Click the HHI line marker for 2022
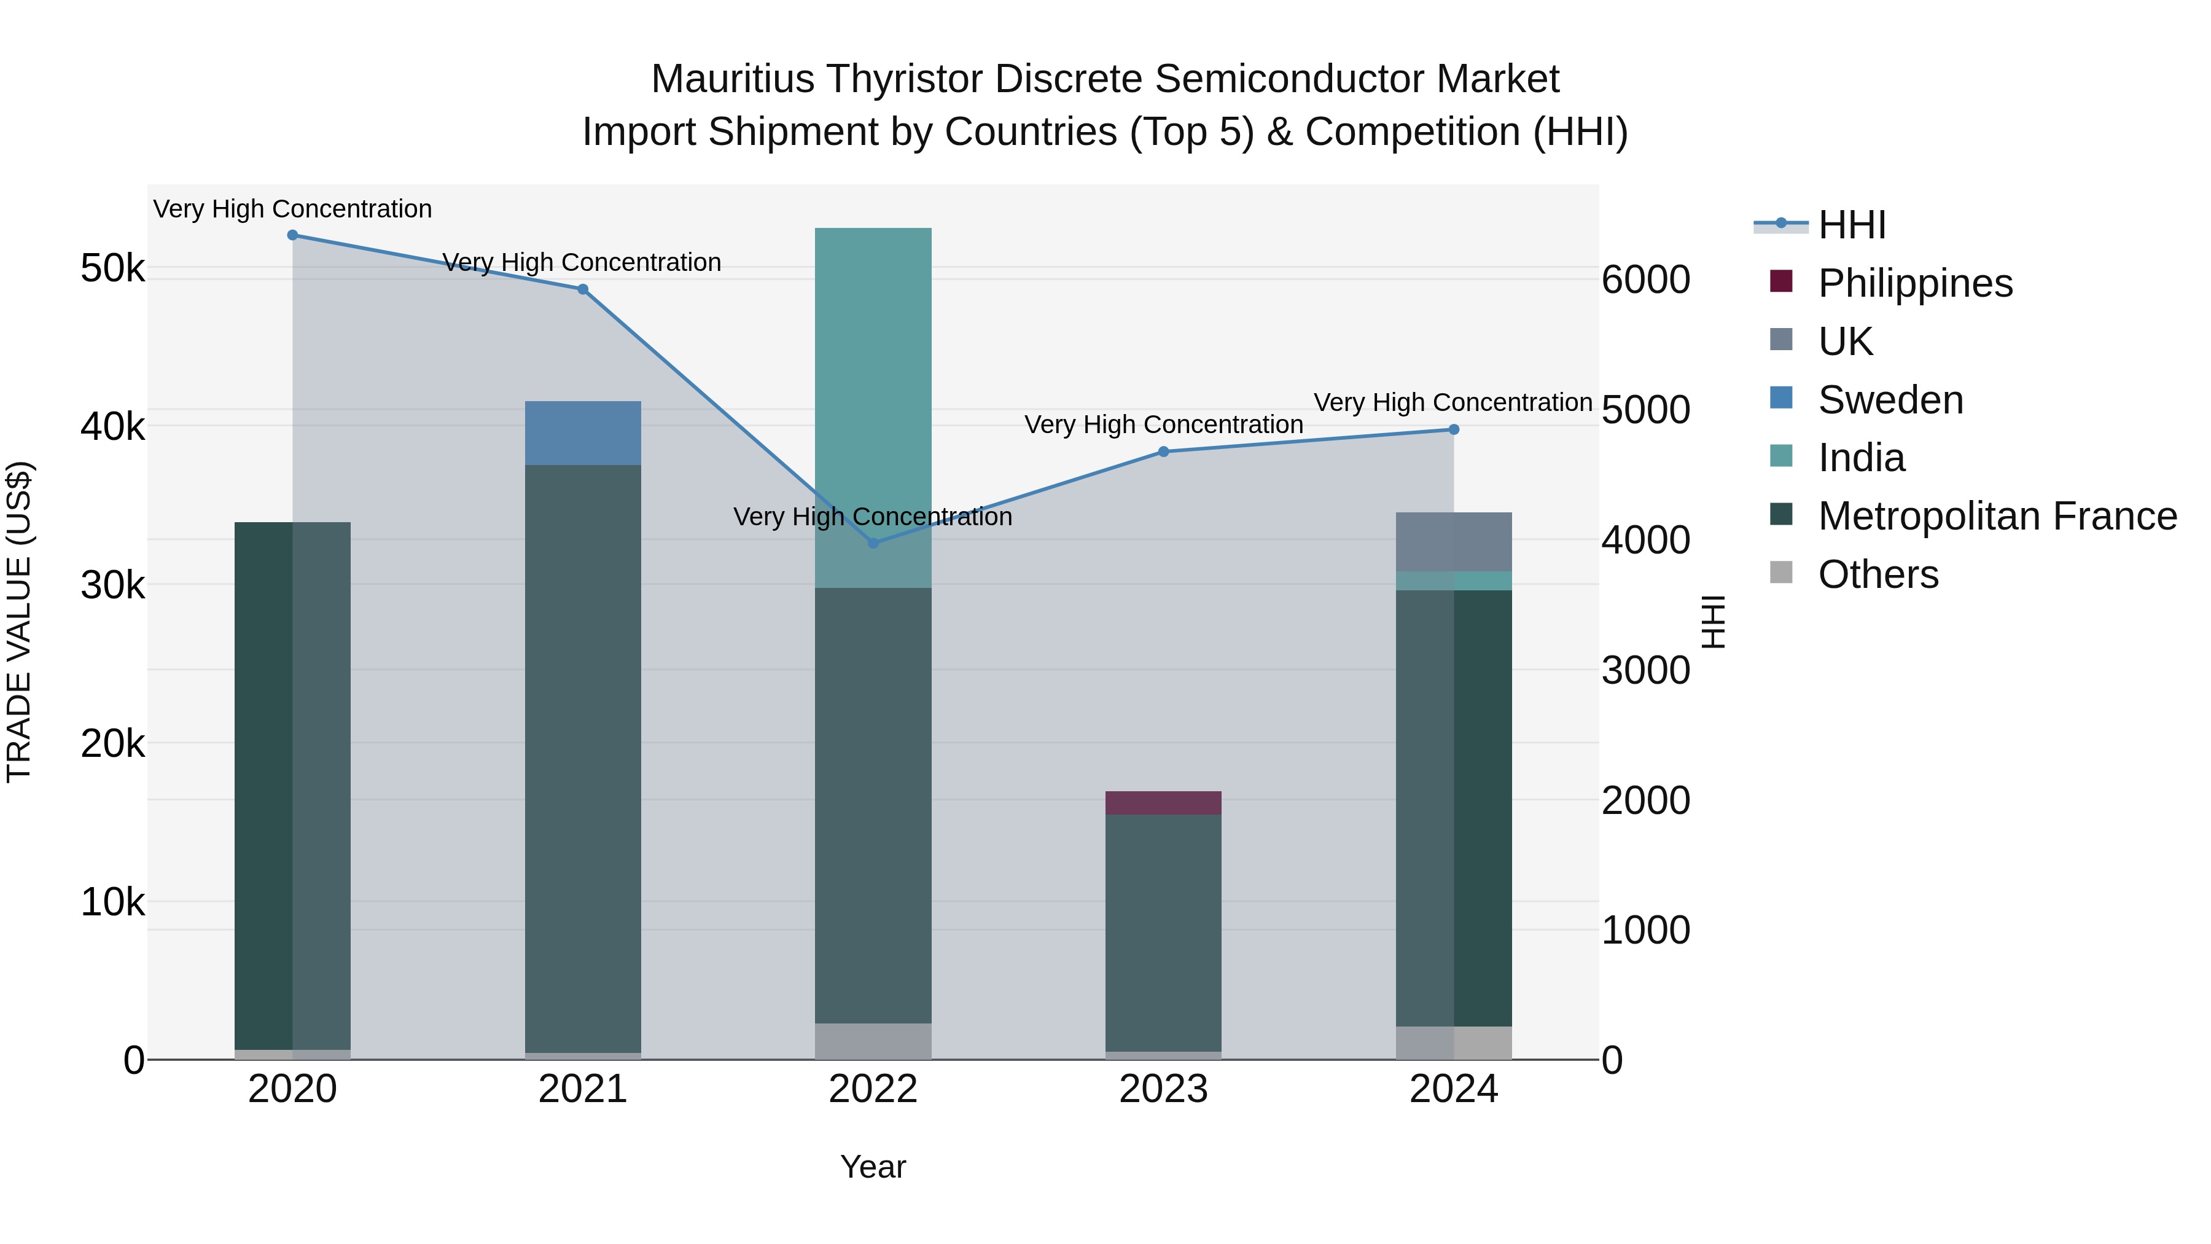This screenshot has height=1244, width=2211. click(873, 542)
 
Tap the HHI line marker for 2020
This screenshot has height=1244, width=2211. click(293, 235)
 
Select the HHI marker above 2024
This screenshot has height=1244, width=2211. click(1453, 429)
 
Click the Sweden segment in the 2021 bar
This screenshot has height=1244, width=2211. click(583, 432)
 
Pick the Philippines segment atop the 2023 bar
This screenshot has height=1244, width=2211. click(1163, 803)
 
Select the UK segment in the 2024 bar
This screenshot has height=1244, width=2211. click(1453, 542)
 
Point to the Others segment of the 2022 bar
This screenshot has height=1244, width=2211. click(873, 1041)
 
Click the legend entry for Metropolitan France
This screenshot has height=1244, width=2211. click(1997, 516)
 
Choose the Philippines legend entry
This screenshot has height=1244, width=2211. click(1914, 283)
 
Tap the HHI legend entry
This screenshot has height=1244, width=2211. click(1851, 225)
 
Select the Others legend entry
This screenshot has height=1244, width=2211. click(1877, 574)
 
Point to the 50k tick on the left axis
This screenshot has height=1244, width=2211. click(112, 268)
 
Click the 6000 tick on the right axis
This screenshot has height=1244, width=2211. click(1645, 280)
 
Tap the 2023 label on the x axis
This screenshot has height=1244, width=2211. click(1163, 1089)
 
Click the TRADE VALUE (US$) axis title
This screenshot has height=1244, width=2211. click(19, 622)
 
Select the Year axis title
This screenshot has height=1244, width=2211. click(873, 1167)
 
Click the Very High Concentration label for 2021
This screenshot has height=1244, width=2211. click(582, 262)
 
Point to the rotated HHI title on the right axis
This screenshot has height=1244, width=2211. click(1713, 622)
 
